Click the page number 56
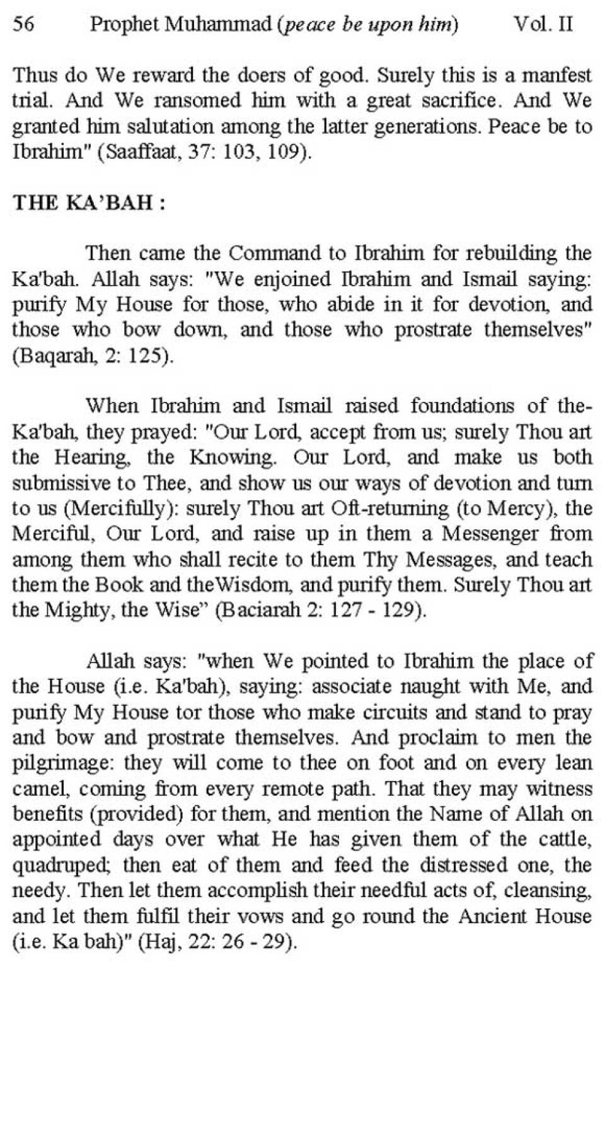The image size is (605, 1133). coord(24,25)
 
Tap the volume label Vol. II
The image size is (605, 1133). coord(543,25)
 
